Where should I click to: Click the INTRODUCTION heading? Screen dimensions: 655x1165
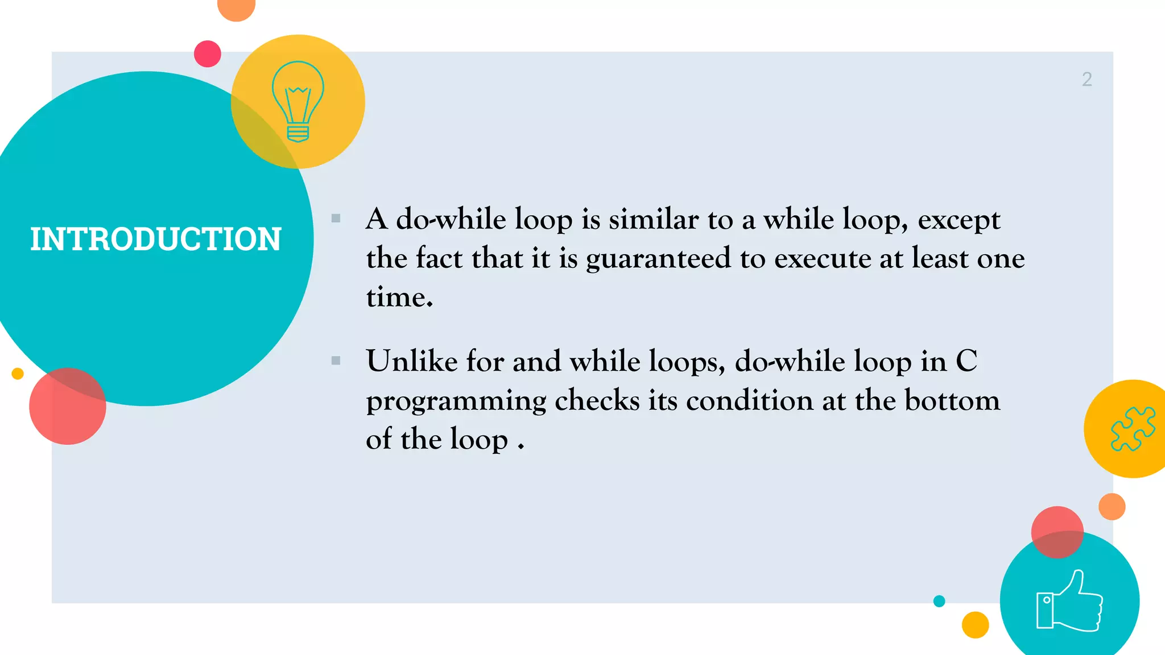click(x=155, y=239)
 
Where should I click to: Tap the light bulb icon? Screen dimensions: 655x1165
click(x=298, y=101)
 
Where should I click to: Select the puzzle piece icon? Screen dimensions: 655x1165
click(x=1133, y=429)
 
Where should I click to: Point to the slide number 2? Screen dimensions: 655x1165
click(x=1086, y=79)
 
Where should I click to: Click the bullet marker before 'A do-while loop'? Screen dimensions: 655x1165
click(x=336, y=218)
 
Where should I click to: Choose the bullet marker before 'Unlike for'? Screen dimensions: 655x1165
click(x=336, y=360)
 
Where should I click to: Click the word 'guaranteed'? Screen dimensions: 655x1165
click(x=658, y=259)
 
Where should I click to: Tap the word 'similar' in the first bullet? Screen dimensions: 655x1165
click(x=654, y=219)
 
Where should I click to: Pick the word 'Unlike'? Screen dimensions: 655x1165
click(x=411, y=362)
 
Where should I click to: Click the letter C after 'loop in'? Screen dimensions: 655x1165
click(x=966, y=362)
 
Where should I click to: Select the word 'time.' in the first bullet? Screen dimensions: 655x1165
click(x=399, y=297)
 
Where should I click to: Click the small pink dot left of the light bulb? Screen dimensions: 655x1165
click(x=208, y=54)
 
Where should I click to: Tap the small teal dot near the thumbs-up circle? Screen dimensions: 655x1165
click(x=939, y=601)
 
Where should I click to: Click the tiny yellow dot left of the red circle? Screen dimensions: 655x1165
click(x=18, y=374)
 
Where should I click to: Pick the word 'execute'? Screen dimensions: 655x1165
click(x=822, y=259)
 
